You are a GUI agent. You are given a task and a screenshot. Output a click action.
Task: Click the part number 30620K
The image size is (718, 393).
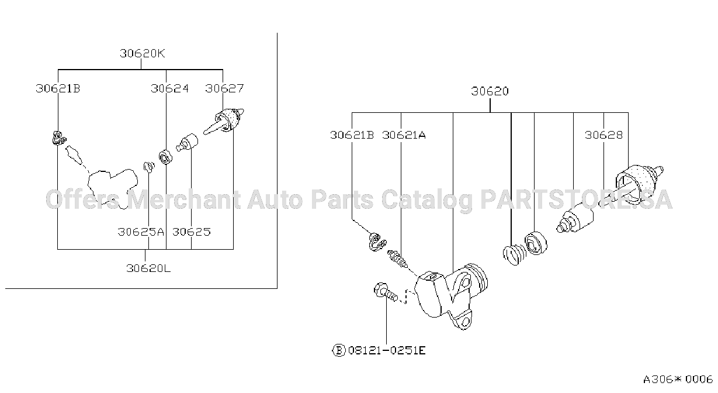[x=143, y=53]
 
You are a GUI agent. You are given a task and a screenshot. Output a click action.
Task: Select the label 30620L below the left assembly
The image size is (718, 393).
[x=148, y=268]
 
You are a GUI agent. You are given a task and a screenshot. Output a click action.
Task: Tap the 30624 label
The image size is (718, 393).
[x=169, y=88]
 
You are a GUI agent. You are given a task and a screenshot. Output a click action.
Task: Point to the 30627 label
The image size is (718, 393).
[x=224, y=88]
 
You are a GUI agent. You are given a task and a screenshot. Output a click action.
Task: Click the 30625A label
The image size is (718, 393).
[x=141, y=232]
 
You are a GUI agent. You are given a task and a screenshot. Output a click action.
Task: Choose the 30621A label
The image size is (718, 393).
[x=404, y=135]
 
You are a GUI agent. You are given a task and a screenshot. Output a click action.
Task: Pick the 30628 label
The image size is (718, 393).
[x=604, y=135]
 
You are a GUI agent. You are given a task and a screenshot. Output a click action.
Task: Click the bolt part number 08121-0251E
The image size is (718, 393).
[x=387, y=350]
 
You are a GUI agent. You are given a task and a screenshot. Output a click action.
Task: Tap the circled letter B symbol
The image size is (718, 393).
[x=339, y=350]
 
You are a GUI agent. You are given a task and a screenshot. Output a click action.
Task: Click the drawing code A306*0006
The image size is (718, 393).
[x=678, y=380]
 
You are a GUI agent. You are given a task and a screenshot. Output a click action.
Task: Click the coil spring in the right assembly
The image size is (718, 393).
[x=514, y=254]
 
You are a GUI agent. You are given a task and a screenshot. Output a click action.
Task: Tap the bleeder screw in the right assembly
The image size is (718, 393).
[x=398, y=259]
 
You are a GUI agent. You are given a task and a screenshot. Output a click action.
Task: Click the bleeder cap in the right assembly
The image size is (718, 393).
[x=377, y=242]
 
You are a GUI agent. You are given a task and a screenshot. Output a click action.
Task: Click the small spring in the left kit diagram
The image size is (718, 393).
[x=149, y=167]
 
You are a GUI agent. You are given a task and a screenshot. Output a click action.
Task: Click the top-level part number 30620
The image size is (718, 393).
[x=490, y=91]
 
